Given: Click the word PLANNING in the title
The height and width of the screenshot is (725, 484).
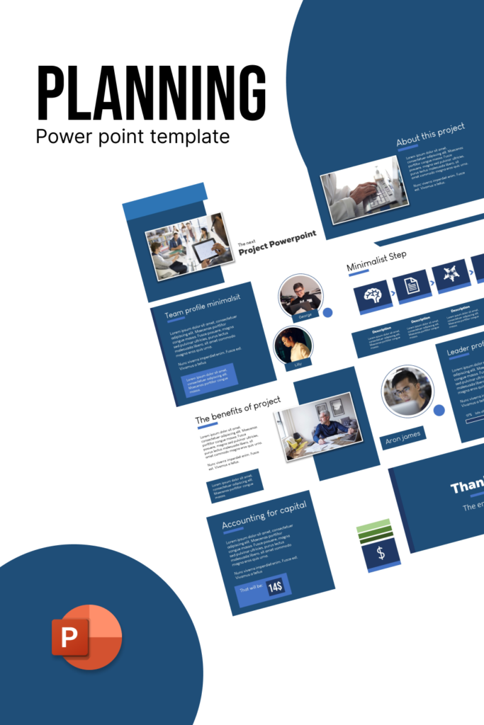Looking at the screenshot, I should coord(151,95).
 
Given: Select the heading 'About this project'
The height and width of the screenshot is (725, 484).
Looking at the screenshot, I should coord(430,135).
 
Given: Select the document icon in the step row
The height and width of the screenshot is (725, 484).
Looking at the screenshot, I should coord(412,287).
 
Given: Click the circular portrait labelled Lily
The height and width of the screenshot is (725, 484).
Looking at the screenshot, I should coord(293,345).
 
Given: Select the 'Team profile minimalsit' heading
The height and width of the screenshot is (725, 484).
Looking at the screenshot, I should coord(202,304).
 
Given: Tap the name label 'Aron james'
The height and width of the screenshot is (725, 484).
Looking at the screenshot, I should coord(403,438).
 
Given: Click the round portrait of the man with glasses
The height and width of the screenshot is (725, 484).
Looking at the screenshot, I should coord(407,391).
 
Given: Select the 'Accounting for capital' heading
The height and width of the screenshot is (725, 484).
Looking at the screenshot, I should coord(264,515).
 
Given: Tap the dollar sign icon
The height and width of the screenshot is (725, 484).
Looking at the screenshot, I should coord(381,554).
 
